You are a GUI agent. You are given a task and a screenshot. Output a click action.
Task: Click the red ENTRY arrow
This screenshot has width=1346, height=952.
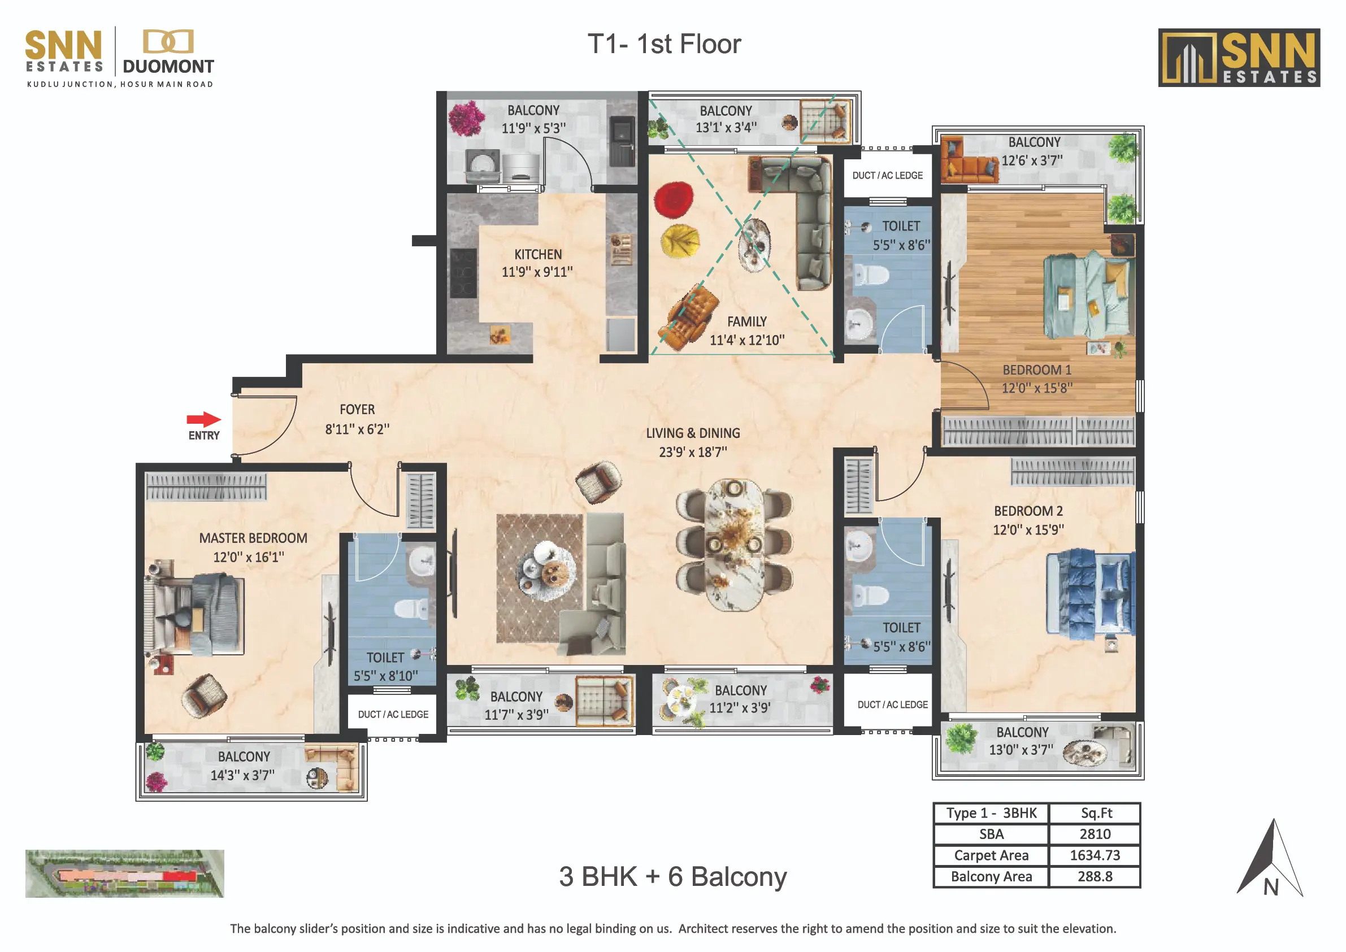(203, 419)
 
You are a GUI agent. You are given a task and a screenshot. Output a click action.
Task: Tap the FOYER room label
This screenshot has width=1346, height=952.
(357, 409)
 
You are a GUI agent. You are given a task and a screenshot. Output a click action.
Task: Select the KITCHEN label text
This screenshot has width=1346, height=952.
(537, 254)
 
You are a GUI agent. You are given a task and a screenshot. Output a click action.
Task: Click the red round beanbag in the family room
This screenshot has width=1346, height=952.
(674, 200)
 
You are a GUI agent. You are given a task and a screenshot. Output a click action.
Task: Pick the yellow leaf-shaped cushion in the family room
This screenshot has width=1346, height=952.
(680, 240)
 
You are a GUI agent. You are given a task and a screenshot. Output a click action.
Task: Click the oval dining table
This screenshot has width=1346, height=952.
(734, 545)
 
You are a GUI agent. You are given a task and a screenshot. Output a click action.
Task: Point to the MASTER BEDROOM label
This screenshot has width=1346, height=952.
(253, 538)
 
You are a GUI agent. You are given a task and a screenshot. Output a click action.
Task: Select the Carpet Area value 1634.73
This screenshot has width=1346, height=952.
(1095, 855)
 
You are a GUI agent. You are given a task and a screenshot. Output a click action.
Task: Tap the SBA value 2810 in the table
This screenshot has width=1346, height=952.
(1095, 834)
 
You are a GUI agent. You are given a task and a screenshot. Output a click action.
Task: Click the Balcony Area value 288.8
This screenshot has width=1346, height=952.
(1095, 876)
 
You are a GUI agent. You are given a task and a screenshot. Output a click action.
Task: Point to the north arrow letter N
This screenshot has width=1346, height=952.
(1270, 888)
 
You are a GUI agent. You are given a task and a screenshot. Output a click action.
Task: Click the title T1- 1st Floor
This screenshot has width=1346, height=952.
(664, 44)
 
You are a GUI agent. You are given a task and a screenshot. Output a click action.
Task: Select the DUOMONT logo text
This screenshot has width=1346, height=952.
(168, 66)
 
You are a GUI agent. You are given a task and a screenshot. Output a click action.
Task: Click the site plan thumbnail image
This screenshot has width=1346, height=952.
(124, 873)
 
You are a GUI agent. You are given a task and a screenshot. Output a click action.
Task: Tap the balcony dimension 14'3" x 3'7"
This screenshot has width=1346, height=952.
(243, 775)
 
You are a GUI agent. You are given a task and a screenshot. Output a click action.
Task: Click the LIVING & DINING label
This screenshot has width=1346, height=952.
(693, 433)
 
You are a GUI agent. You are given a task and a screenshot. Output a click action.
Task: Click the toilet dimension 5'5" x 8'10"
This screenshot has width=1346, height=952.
(386, 676)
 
